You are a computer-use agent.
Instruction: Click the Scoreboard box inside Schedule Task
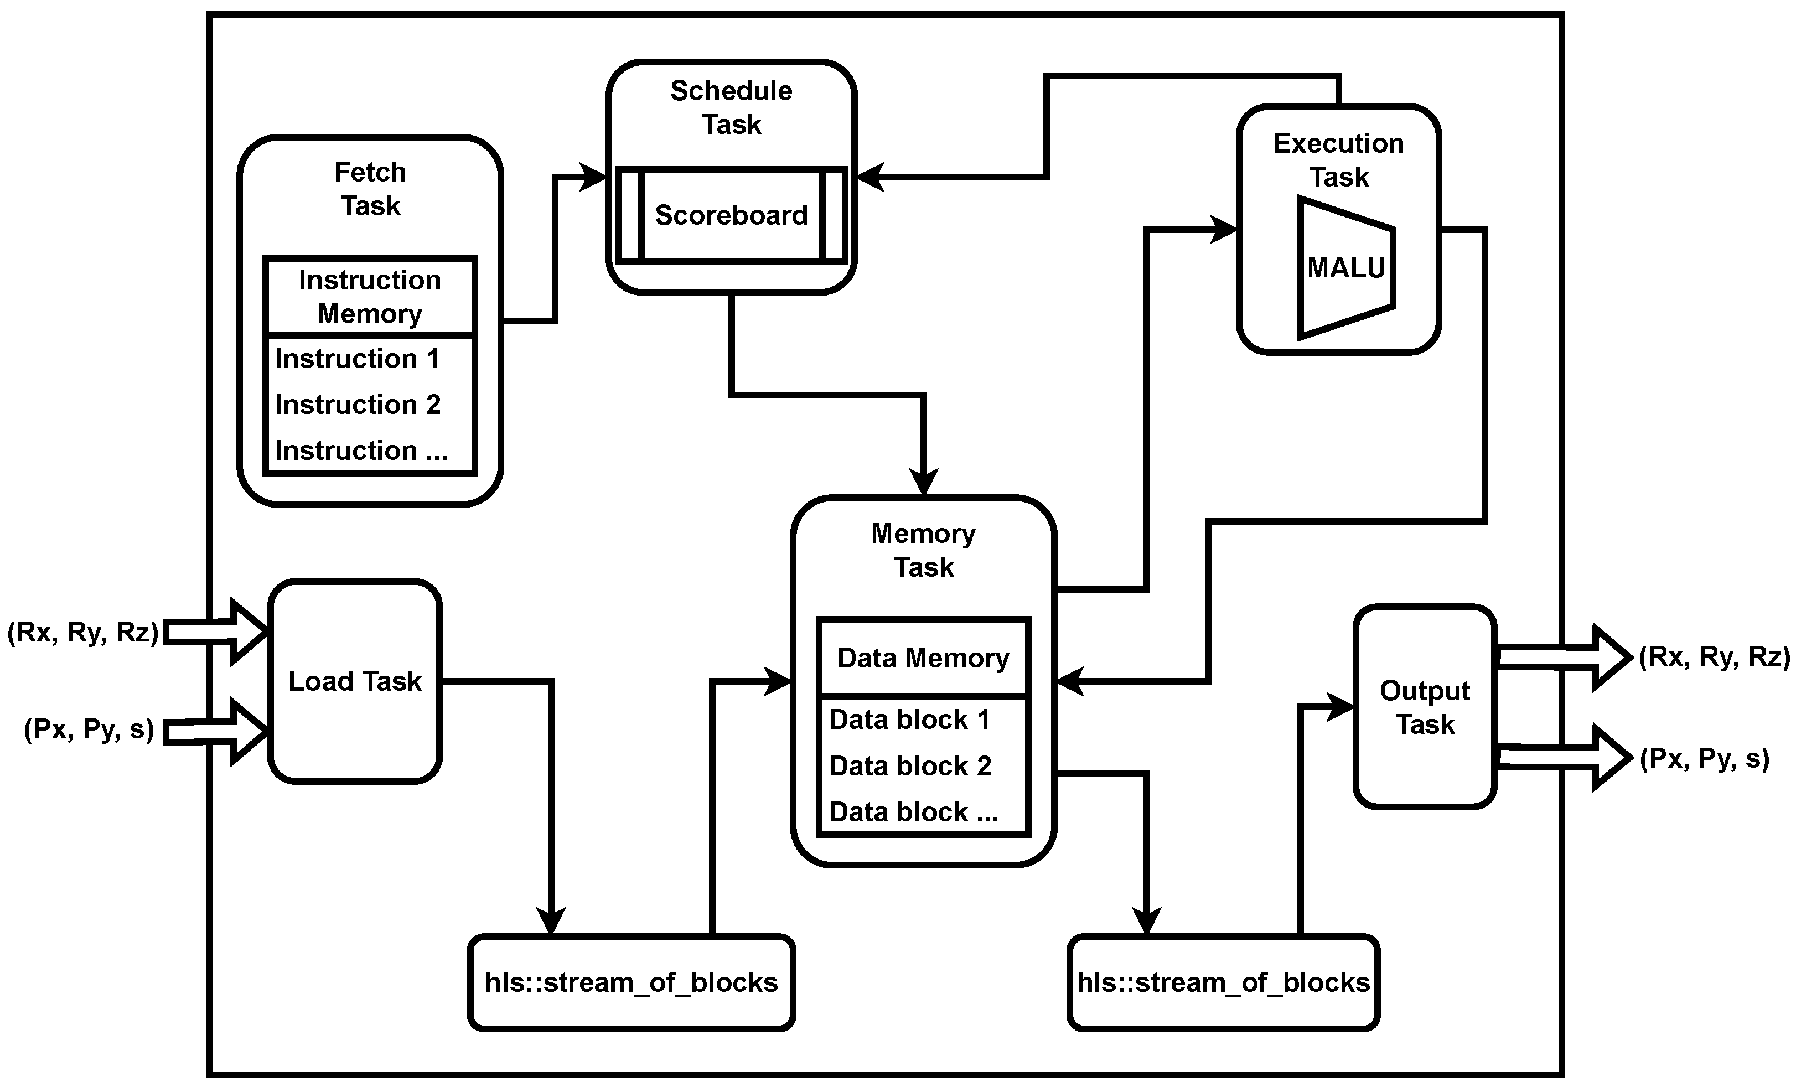(731, 215)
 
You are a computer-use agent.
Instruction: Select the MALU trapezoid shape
(1345, 268)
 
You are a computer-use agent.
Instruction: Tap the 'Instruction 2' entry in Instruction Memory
(357, 405)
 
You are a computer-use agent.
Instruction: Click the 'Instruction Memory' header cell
(370, 297)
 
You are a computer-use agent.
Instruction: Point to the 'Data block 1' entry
(909, 720)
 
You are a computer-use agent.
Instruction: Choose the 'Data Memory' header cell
(923, 658)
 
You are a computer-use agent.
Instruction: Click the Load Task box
(355, 681)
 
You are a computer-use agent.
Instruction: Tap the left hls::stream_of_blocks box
(631, 982)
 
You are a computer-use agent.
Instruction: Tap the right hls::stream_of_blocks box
(1223, 982)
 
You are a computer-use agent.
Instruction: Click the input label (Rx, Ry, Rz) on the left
(82, 632)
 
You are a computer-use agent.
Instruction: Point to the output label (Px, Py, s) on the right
(1704, 759)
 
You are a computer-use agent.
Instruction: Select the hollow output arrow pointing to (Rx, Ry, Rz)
(1560, 657)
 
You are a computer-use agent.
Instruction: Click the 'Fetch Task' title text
(370, 189)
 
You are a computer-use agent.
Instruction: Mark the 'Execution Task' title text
(1338, 159)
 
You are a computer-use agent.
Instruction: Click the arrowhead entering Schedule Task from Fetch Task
(594, 177)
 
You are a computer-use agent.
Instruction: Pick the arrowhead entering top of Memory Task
(924, 483)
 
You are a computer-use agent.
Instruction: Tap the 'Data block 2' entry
(910, 766)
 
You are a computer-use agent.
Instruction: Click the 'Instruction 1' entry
(356, 359)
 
